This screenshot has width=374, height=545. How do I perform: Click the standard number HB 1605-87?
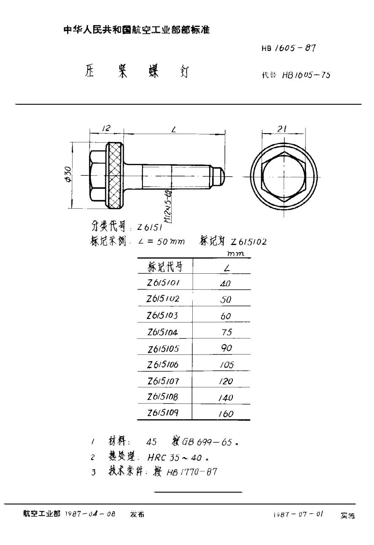coord(289,48)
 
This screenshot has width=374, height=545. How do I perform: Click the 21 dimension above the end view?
coord(283,128)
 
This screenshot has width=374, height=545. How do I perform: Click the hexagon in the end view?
coord(283,176)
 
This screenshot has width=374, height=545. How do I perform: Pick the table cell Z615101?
coord(163,283)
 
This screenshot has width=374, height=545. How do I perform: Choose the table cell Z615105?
coord(164,349)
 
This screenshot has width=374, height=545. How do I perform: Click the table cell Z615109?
coord(163,413)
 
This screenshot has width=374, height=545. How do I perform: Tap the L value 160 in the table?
coord(226,414)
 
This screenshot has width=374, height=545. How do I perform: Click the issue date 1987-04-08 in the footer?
coord(90,515)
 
